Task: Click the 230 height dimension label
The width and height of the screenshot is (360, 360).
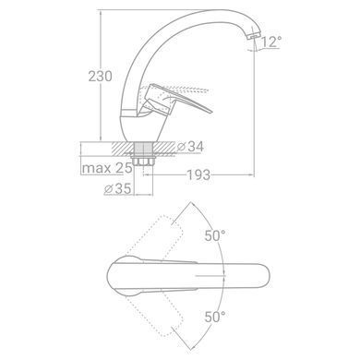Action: [x=101, y=76]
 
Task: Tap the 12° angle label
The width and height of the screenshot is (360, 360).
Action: [x=271, y=42]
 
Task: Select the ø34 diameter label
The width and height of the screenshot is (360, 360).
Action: [x=191, y=147]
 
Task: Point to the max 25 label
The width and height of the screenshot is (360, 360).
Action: [x=107, y=168]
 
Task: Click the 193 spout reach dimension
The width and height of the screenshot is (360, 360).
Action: [x=198, y=174]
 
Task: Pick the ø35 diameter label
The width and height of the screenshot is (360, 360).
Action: [x=118, y=188]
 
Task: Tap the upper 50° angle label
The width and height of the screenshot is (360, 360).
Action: [x=215, y=236]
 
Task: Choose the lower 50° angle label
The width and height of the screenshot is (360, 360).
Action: [x=215, y=317]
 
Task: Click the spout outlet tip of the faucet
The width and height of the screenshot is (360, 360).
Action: [x=252, y=36]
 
